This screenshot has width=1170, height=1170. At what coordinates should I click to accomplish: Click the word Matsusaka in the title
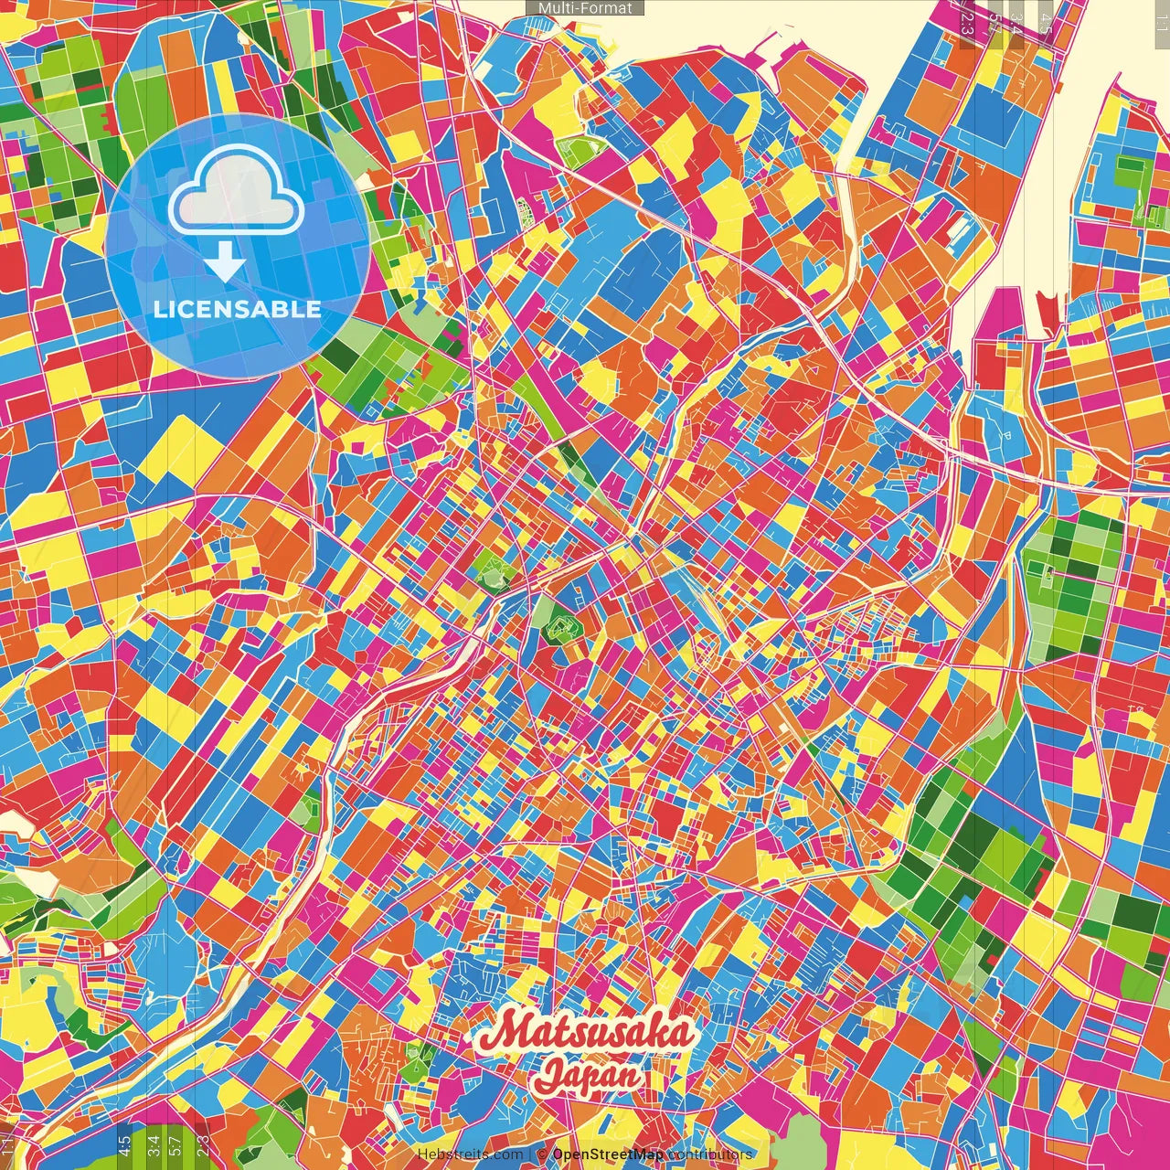588,1033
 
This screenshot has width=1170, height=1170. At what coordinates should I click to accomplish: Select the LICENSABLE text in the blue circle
237,309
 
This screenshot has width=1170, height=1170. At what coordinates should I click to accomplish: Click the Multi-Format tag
585,7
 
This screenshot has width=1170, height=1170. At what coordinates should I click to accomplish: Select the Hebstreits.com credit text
470,1154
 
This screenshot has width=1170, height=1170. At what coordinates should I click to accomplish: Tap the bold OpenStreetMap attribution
607,1154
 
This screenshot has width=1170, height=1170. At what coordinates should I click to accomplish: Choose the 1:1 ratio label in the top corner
1160,15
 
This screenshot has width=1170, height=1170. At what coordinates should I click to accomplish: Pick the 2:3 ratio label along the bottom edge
202,1145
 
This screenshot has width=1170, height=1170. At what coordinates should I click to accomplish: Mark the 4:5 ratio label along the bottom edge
124,1145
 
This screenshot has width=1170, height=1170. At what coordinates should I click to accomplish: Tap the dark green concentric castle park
558,629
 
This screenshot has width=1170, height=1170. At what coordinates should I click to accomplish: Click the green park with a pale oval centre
495,572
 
